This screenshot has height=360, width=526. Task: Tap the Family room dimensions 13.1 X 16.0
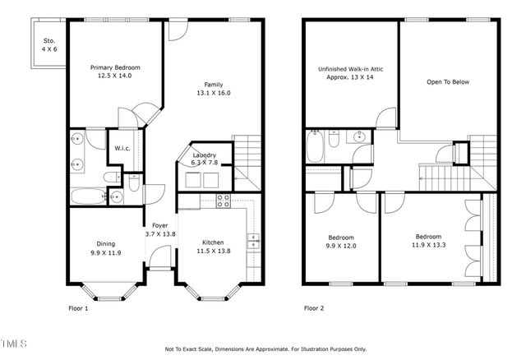213,94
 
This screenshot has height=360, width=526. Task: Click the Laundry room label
204,155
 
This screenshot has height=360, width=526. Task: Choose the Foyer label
159,226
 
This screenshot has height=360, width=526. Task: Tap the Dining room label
107,244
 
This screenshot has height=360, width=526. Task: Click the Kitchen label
213,243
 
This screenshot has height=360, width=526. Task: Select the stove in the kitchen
222,201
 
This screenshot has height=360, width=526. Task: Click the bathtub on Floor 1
85,196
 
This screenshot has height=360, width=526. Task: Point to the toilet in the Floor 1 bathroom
116,196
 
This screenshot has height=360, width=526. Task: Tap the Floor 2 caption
314,308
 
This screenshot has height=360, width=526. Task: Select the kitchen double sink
254,240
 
